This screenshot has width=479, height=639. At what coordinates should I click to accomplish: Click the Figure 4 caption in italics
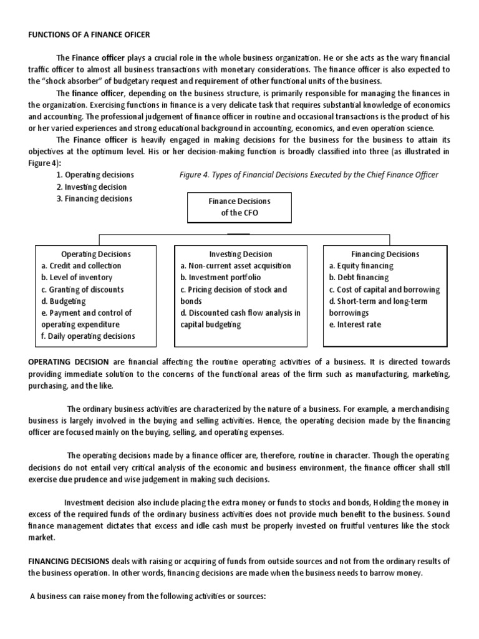pos(309,175)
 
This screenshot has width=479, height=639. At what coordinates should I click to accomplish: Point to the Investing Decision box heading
pos(240,254)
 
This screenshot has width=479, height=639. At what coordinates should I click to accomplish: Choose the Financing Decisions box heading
pos(385,254)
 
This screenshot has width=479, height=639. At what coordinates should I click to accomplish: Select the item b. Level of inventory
pos(77,278)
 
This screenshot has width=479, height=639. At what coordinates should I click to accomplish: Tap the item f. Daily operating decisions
pos(88,336)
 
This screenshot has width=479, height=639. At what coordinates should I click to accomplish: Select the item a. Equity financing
pos(361,266)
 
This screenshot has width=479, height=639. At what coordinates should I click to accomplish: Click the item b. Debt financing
pos(359,278)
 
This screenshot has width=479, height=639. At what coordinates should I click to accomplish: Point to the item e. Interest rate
pos(355,324)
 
